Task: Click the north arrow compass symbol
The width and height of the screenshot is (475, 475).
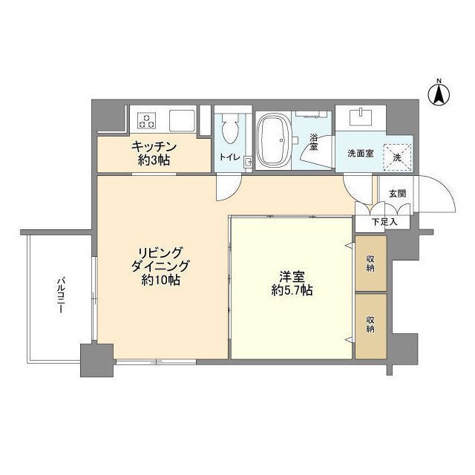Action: coord(439,94)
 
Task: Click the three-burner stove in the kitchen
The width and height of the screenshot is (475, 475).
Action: coord(147,120)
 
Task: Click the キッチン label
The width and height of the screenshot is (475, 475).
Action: coord(154,147)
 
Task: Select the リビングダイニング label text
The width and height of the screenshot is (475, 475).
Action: coord(160,259)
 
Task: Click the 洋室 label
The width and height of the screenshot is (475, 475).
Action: coord(292,277)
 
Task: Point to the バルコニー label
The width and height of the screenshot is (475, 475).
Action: coord(61,294)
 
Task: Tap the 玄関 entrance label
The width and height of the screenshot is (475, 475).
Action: coord(397,194)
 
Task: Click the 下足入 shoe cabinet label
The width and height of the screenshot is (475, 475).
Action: coord(384,222)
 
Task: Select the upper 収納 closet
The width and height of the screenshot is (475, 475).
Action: coord(371,263)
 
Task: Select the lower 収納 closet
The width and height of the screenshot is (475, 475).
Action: coord(371,326)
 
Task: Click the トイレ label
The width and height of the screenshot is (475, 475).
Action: coord(230,157)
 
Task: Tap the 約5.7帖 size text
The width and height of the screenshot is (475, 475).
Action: coord(292,291)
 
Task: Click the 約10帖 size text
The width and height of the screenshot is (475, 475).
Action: coord(160,281)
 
